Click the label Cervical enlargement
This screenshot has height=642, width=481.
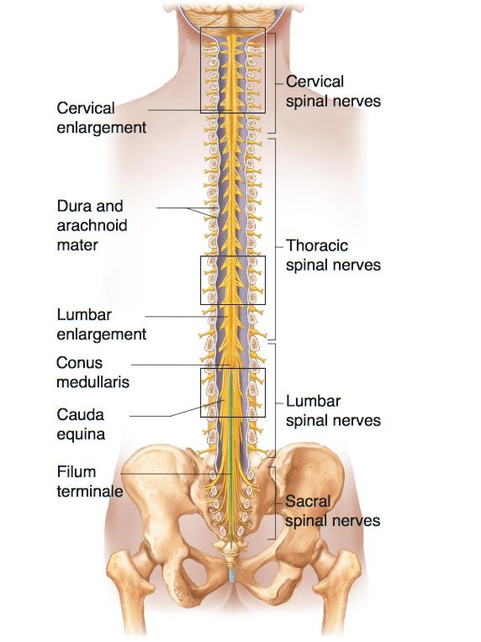pos(101,118)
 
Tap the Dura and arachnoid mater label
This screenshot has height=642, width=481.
pos(92,225)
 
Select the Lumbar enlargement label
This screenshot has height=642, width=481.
pos(101,324)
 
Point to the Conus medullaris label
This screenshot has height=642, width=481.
pos(92,372)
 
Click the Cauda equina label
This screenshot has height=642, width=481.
pos(81,424)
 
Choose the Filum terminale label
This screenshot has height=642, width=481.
pos(90,481)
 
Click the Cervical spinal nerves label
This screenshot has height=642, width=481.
pos(333,92)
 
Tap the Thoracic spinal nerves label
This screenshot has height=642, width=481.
pos(333,255)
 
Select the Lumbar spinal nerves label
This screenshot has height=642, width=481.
pos(333,411)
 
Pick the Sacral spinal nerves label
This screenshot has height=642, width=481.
pos(333,511)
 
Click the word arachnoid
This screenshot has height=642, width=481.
pos(92,225)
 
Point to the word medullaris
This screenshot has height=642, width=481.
pos(92,382)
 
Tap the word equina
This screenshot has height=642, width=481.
pos(81,434)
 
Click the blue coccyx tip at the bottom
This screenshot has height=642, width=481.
pos(232,576)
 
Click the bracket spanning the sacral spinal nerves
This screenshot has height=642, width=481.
pos(274,503)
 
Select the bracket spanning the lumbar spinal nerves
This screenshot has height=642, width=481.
pos(274,401)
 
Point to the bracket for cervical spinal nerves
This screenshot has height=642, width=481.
pos(274,83)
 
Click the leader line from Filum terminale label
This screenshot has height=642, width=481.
pos(177,474)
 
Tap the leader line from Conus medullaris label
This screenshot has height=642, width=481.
pos(181,365)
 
